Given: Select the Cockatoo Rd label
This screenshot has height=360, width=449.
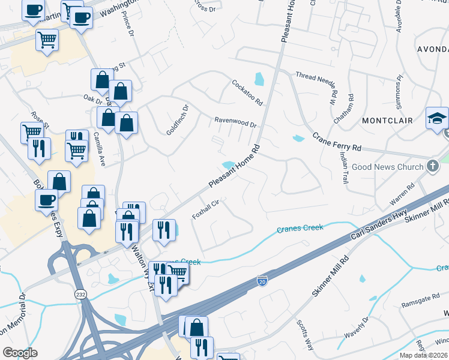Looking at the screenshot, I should (247, 92).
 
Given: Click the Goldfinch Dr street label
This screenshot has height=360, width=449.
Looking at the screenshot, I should (177, 119).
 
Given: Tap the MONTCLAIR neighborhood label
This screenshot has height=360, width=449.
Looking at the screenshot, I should (387, 121).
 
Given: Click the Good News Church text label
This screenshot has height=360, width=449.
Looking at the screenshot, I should (387, 167).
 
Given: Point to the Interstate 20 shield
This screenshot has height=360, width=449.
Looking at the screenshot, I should (262, 280).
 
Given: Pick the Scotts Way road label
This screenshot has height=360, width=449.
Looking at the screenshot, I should (305, 334).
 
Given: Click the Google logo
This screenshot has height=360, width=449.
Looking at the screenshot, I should (20, 353).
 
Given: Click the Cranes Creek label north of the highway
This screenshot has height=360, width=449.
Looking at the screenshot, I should (300, 228).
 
